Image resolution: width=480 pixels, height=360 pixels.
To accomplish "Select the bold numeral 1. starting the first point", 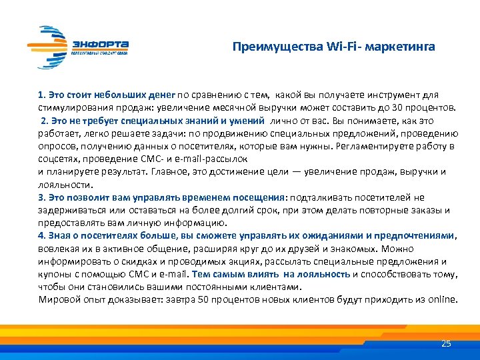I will [x=42, y=95].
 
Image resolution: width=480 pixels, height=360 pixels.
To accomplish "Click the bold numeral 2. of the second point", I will [x=45, y=120].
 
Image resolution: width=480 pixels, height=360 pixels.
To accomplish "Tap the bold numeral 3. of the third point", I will [x=42, y=197].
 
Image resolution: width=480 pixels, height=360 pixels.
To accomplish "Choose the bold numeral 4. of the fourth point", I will [x=42, y=235].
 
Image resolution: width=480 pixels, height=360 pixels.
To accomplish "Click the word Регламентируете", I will [x=370, y=146].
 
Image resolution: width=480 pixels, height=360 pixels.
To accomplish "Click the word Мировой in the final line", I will [x=57, y=299].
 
